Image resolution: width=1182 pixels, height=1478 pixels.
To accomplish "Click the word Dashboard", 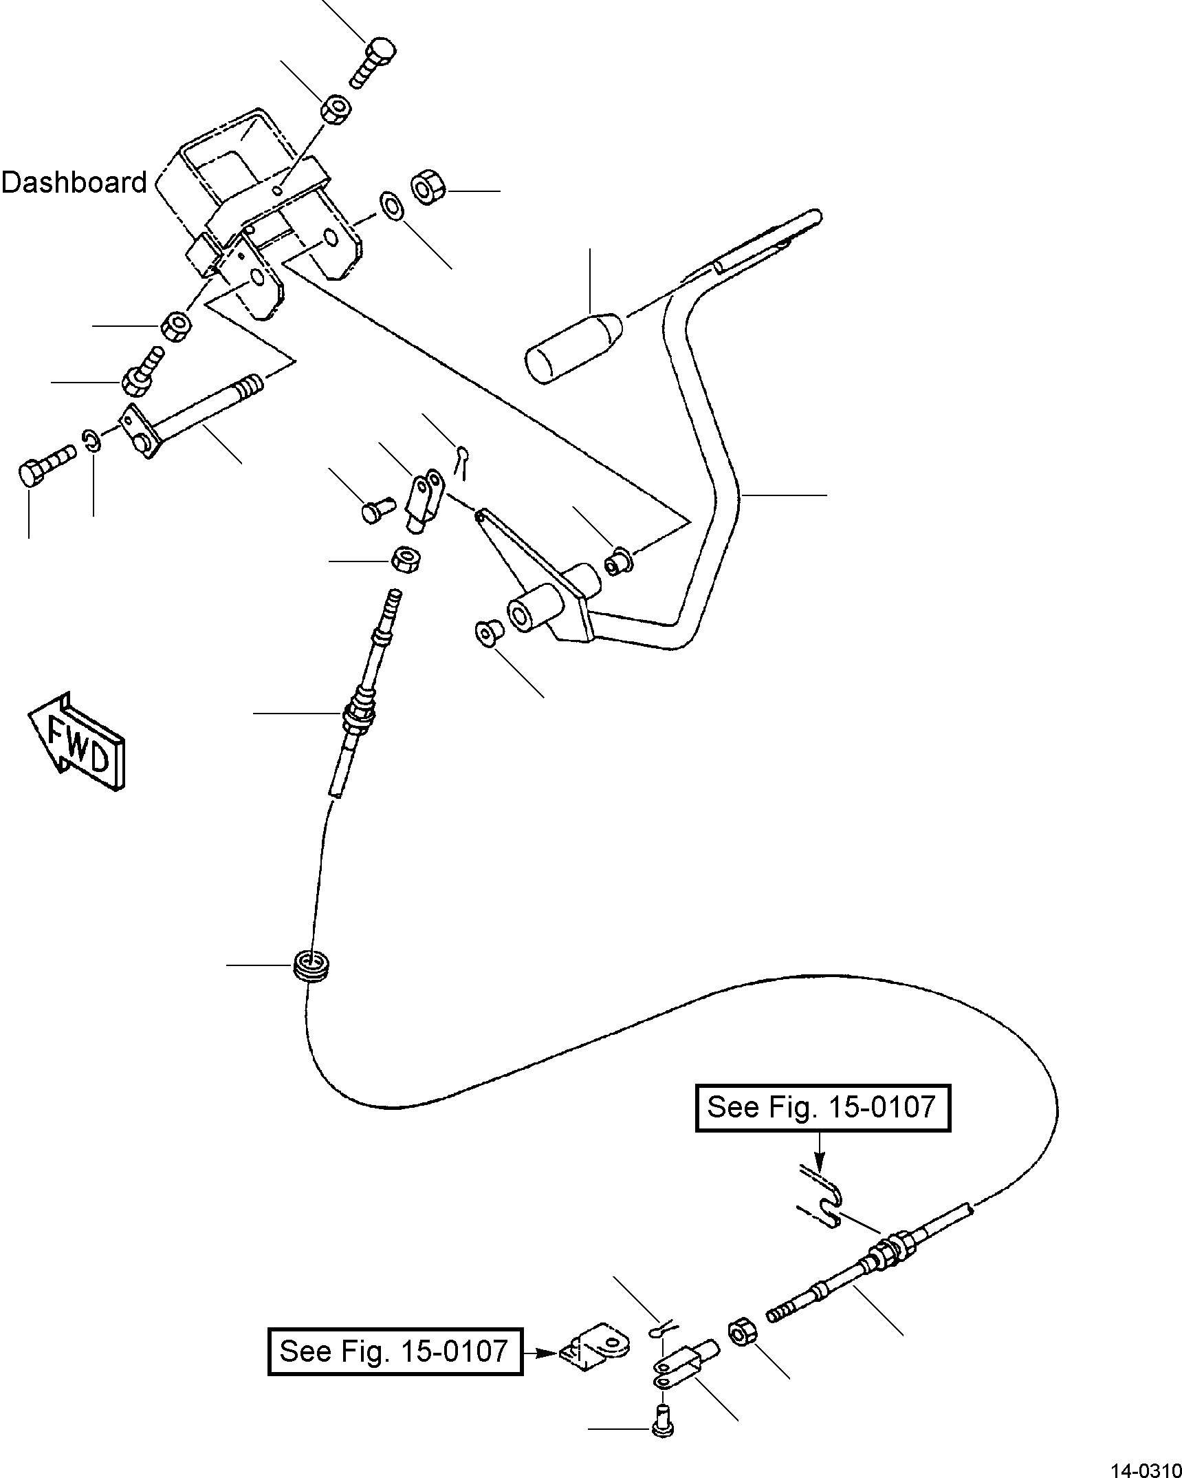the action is pos(74,182).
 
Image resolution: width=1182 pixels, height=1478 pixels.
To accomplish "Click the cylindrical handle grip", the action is pos(573,349).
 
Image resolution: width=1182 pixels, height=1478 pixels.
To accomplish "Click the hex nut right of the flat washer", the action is pos(429,188).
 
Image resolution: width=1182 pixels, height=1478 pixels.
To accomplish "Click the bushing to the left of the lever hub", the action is pos(488,632).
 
